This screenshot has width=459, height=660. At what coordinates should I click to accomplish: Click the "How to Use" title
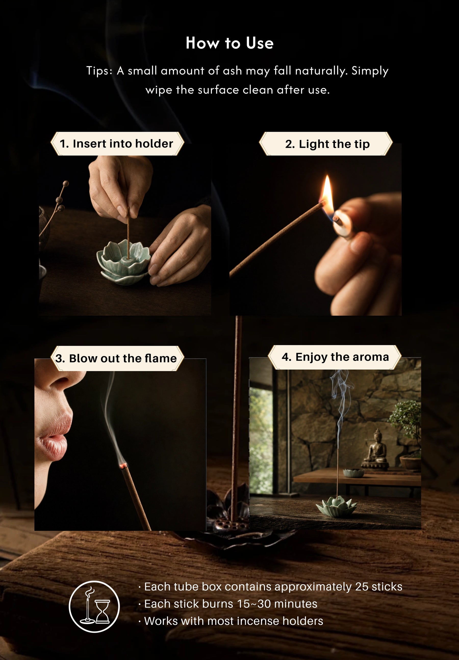(x=229, y=43)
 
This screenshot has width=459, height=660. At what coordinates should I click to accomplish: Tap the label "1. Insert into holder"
(x=117, y=144)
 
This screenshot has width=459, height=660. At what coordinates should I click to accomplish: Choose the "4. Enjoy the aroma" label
(x=335, y=357)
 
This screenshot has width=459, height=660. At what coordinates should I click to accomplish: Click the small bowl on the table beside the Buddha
(x=353, y=473)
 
